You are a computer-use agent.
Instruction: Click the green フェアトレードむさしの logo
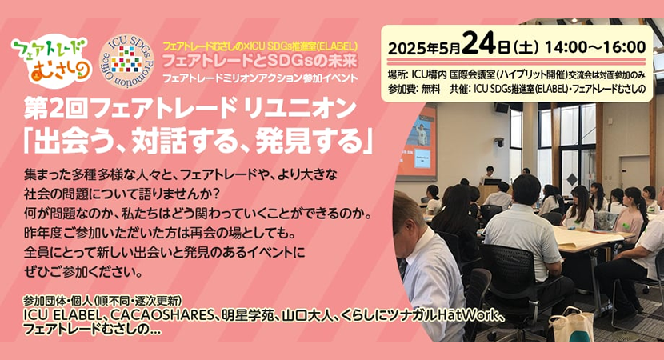50,61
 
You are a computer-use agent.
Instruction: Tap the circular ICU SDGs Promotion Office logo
127,61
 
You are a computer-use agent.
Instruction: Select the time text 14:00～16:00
596,47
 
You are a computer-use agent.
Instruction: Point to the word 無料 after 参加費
430,89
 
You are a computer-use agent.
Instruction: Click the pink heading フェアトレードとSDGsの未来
260,61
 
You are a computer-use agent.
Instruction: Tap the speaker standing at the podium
490,174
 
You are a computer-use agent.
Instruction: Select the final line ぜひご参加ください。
83,272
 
